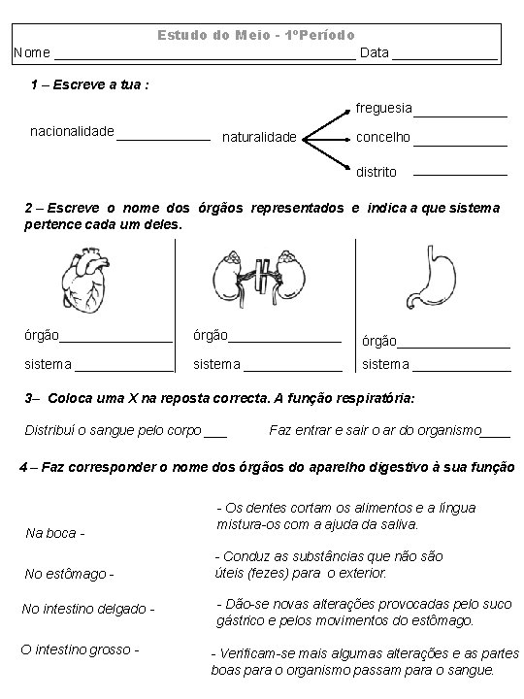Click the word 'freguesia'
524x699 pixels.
pos(383,108)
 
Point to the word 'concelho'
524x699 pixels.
pos(383,138)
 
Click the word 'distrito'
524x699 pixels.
pos(377,172)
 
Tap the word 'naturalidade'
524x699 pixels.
pos(259,138)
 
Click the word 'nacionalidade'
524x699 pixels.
pos(73,130)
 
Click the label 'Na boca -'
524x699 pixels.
pos(55,533)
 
